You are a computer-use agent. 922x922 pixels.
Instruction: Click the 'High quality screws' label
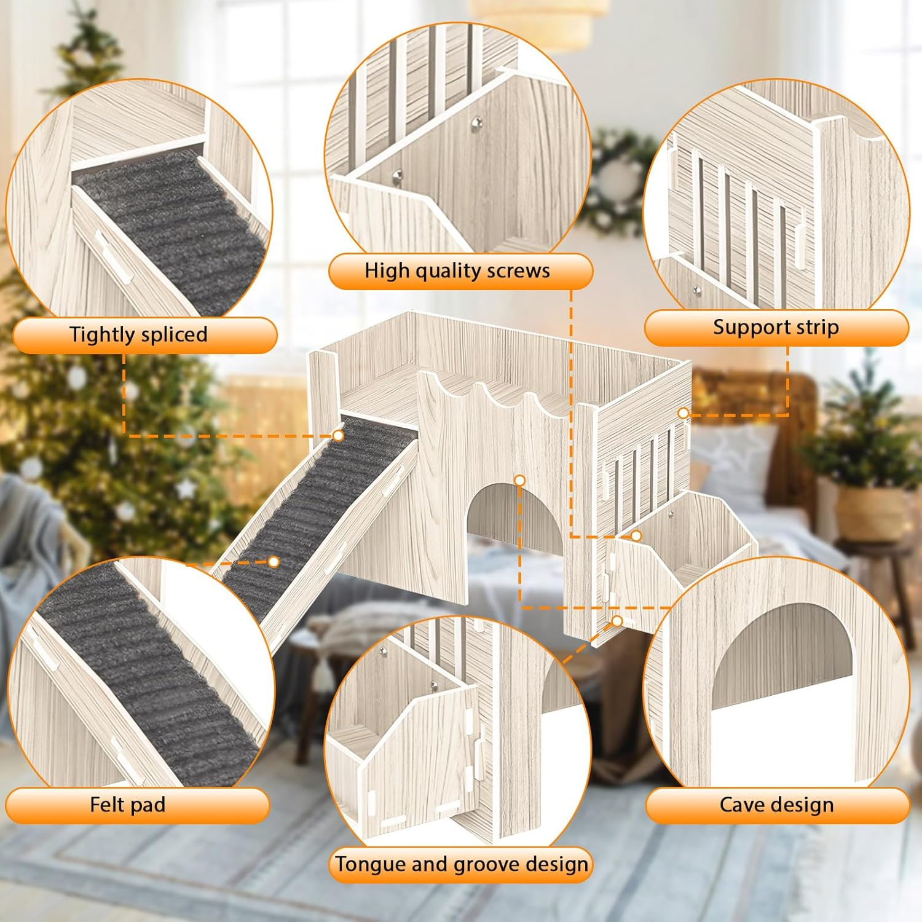(x=457, y=271)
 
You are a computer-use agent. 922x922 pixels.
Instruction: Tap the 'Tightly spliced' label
(x=138, y=335)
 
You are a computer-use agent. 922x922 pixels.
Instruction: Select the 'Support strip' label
(x=776, y=328)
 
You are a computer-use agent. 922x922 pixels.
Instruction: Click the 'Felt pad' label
(x=128, y=805)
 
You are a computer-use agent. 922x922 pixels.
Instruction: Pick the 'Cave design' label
(x=776, y=805)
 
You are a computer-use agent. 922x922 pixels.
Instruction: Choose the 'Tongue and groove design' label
(x=461, y=865)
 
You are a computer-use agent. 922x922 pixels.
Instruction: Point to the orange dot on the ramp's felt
(x=274, y=561)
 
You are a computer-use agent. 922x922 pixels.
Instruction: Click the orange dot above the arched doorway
(x=520, y=479)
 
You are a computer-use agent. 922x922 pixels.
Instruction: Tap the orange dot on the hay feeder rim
(x=636, y=536)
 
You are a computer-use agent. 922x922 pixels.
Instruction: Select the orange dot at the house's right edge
(x=684, y=413)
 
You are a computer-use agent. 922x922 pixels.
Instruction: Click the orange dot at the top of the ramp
(x=338, y=435)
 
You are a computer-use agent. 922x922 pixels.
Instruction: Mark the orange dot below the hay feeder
(x=617, y=621)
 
